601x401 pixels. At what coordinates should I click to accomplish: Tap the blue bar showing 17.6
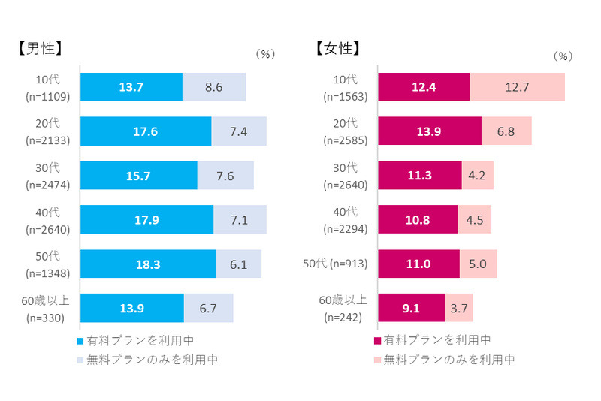(146, 131)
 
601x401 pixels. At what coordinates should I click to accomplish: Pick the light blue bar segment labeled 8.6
(214, 87)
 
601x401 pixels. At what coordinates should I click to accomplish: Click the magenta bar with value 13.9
(430, 131)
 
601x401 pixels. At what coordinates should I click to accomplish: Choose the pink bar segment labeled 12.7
(518, 87)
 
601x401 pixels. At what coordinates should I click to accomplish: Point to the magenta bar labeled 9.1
(412, 308)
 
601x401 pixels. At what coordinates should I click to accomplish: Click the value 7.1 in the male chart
(240, 219)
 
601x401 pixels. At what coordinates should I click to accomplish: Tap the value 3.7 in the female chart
(459, 308)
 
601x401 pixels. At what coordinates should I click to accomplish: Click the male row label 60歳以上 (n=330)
(46, 308)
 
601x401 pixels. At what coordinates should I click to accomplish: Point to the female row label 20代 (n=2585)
(345, 131)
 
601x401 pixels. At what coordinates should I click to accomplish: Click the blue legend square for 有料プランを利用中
(81, 340)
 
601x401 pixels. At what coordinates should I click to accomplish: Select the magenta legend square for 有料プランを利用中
(378, 340)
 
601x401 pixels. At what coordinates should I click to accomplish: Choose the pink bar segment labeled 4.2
(477, 176)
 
